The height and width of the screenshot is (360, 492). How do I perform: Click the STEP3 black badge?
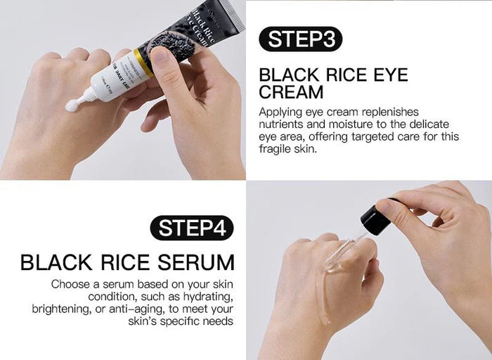tap(300, 39)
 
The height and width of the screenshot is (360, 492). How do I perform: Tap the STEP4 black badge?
tap(191, 229)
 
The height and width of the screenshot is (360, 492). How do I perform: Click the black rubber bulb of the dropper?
tap(375, 219)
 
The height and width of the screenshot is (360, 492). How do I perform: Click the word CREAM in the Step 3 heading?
tap(291, 92)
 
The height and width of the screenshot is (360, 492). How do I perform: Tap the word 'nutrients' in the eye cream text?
tap(281, 124)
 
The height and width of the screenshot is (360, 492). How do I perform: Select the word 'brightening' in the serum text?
tap(61, 309)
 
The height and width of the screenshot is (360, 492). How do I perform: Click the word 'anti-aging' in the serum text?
tap(134, 309)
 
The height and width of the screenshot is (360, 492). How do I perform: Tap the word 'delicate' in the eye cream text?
tap(435, 124)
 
